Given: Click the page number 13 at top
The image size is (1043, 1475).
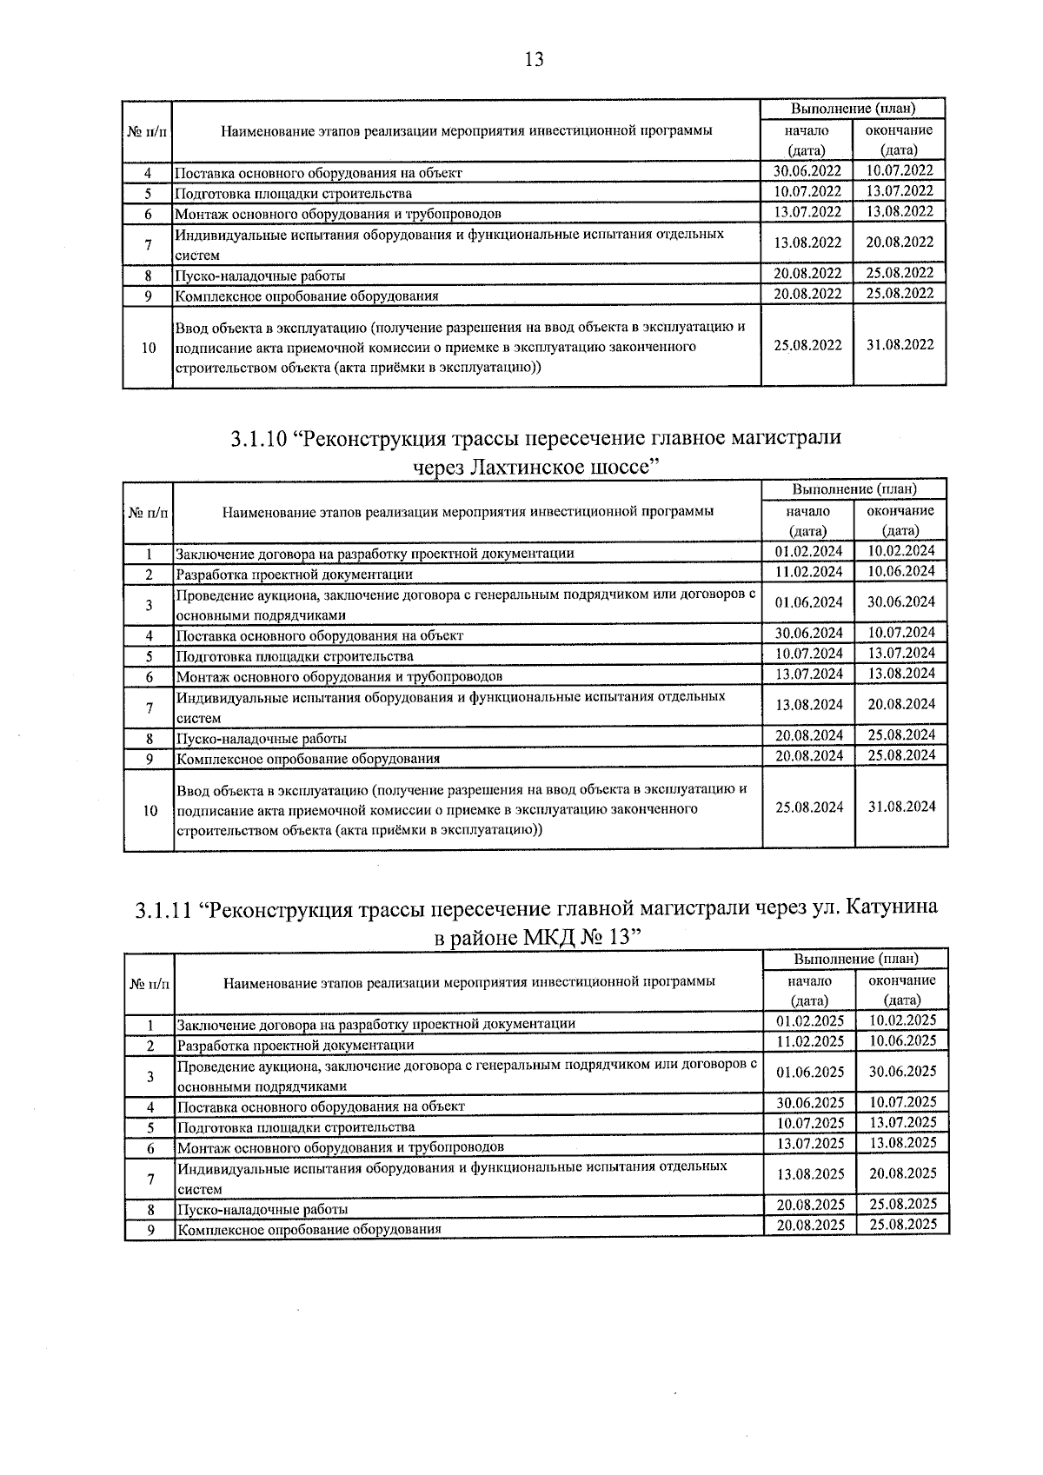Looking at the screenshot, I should tap(534, 59).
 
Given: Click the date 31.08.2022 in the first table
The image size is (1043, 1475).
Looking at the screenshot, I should tap(900, 345).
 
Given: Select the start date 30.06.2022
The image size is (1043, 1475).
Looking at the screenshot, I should tap(807, 171).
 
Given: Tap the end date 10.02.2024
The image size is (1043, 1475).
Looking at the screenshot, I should tap(901, 551).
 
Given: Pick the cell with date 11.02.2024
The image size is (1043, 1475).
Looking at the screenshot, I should tap(808, 572).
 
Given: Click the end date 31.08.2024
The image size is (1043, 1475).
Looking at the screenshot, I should tap(901, 807).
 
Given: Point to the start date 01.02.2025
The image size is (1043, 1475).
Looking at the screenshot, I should tap(810, 1020).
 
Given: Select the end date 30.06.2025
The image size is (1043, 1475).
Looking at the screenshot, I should tap(903, 1072).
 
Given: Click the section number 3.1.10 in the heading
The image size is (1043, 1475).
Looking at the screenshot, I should tap(258, 438).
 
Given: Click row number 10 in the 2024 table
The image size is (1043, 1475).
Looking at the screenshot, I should tap(149, 810).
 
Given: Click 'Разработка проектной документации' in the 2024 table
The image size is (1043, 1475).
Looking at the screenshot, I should tap(295, 575).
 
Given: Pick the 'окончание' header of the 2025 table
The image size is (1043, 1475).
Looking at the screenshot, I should tap(902, 980).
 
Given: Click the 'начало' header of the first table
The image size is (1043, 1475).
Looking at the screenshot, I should tap(807, 130).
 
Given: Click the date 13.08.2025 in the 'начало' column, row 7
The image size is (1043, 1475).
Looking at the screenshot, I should tap(810, 1174).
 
